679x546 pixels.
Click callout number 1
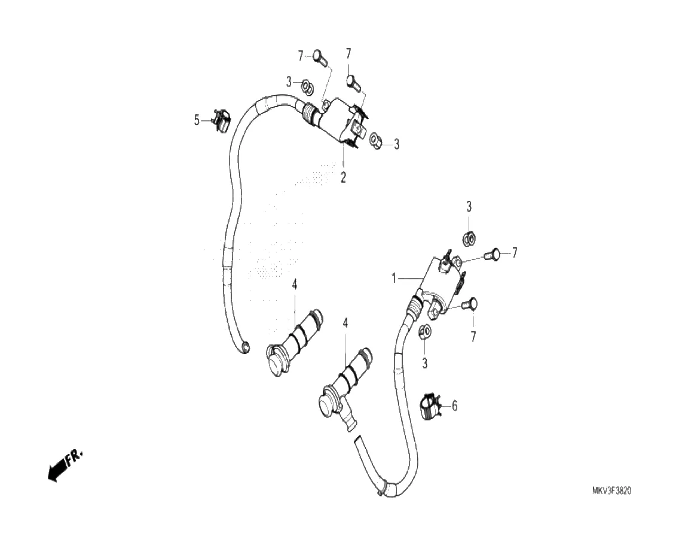point(394,278)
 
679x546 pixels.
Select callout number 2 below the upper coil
point(343,177)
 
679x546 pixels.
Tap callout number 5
point(197,120)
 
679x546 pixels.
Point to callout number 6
point(454,406)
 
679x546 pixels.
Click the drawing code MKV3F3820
point(611,490)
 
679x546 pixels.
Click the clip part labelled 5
point(221,121)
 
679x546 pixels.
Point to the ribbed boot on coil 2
point(311,114)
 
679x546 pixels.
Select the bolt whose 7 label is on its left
point(318,58)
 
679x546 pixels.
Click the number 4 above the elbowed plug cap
point(345,323)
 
